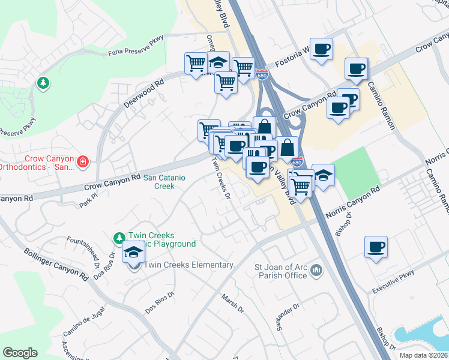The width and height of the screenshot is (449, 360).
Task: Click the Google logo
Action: [x=20, y=353]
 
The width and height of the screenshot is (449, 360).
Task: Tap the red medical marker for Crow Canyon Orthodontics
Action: [x=83, y=161]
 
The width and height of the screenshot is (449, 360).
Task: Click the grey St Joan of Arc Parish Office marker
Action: [x=316, y=272]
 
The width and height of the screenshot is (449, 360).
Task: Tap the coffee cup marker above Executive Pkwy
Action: [x=376, y=247]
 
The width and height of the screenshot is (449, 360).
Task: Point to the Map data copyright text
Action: [x=424, y=355]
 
